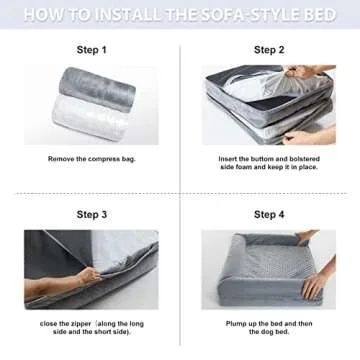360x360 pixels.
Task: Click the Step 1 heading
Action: click(90, 49)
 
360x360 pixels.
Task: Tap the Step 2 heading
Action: click(269, 49)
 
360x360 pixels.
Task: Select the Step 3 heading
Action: click(90, 214)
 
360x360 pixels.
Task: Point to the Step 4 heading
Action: click(269, 214)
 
